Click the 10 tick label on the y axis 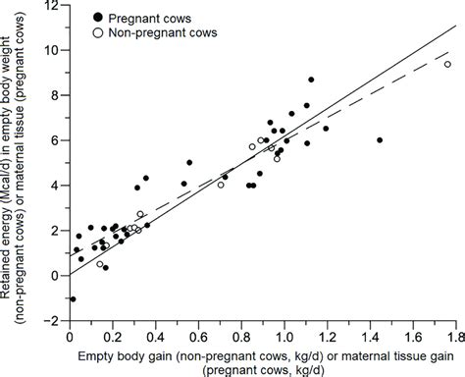[x=53, y=50]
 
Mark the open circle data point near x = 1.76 [x=447, y=65]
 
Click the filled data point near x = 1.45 [x=380, y=140]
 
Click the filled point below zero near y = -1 [x=72, y=298]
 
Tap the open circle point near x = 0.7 [x=221, y=185]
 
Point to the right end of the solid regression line [x=458, y=30]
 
